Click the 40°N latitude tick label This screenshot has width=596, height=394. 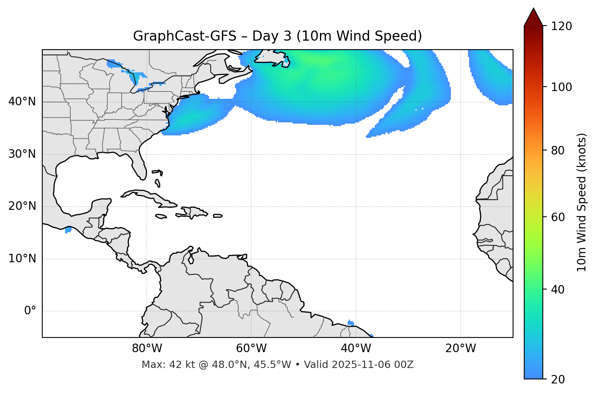click(x=22, y=102)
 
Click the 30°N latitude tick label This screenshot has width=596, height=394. click(x=22, y=154)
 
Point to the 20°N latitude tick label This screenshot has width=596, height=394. click(x=22, y=206)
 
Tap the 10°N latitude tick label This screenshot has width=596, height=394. click(x=22, y=259)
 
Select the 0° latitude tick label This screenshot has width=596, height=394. click(x=30, y=311)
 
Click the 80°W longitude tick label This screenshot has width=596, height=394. click(x=147, y=348)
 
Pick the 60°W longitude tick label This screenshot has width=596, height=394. click(x=251, y=348)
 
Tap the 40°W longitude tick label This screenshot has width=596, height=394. click(x=356, y=348)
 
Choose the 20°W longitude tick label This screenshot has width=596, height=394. click(x=461, y=348)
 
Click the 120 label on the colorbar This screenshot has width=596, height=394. click(x=561, y=26)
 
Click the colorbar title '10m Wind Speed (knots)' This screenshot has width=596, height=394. click(x=582, y=202)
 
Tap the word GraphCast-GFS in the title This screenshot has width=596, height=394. click(x=185, y=36)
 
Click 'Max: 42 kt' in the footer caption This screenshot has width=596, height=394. click(x=161, y=365)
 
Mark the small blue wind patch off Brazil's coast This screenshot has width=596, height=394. click(x=351, y=323)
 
